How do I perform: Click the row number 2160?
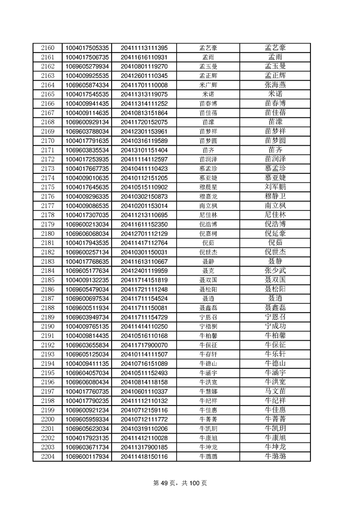pos(48,48)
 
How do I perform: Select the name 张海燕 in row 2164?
pos(275,85)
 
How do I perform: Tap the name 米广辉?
pos(208,85)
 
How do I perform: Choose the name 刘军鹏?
pos(275,187)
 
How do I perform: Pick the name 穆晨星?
pos(208,187)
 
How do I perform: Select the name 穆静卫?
pos(275,196)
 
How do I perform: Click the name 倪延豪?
pos(275,233)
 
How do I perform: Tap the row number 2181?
pos(48,243)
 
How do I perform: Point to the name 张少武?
pos(275,270)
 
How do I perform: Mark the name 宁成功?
pos(275,326)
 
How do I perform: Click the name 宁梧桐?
pos(208,326)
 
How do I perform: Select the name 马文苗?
pos(275,391)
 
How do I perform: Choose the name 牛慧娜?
pos(208,391)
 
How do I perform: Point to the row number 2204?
pos(48,456)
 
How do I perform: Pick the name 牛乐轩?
pos(275,354)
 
